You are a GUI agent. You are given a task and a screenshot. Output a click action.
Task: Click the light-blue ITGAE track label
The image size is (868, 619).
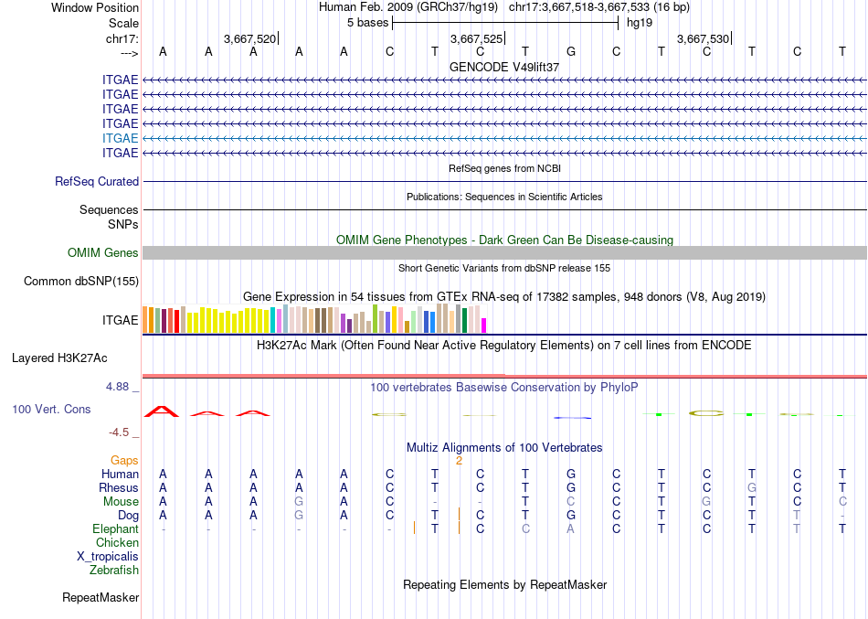(121, 138)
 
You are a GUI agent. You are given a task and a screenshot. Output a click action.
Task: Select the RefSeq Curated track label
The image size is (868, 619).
(97, 182)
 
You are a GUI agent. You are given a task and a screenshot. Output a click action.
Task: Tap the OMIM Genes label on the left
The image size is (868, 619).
(103, 253)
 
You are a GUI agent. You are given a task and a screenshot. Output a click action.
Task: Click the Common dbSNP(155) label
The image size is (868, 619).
(81, 282)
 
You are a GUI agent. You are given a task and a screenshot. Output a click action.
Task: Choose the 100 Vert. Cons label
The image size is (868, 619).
(52, 410)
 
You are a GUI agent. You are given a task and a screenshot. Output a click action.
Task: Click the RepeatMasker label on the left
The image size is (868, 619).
(101, 598)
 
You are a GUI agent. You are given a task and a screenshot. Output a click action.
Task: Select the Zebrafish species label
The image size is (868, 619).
(114, 571)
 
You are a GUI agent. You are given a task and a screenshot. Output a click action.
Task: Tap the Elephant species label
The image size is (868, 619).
(116, 529)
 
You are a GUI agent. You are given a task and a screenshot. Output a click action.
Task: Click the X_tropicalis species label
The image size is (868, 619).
(108, 557)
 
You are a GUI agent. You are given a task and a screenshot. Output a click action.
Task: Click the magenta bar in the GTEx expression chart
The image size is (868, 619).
(484, 325)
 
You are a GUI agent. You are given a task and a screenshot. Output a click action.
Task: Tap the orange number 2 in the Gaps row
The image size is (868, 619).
(459, 461)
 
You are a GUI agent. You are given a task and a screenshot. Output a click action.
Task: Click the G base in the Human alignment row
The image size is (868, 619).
(571, 475)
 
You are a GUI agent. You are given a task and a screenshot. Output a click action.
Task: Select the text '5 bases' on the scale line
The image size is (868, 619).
(367, 22)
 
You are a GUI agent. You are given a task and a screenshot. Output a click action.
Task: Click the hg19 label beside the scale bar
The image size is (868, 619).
(639, 22)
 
